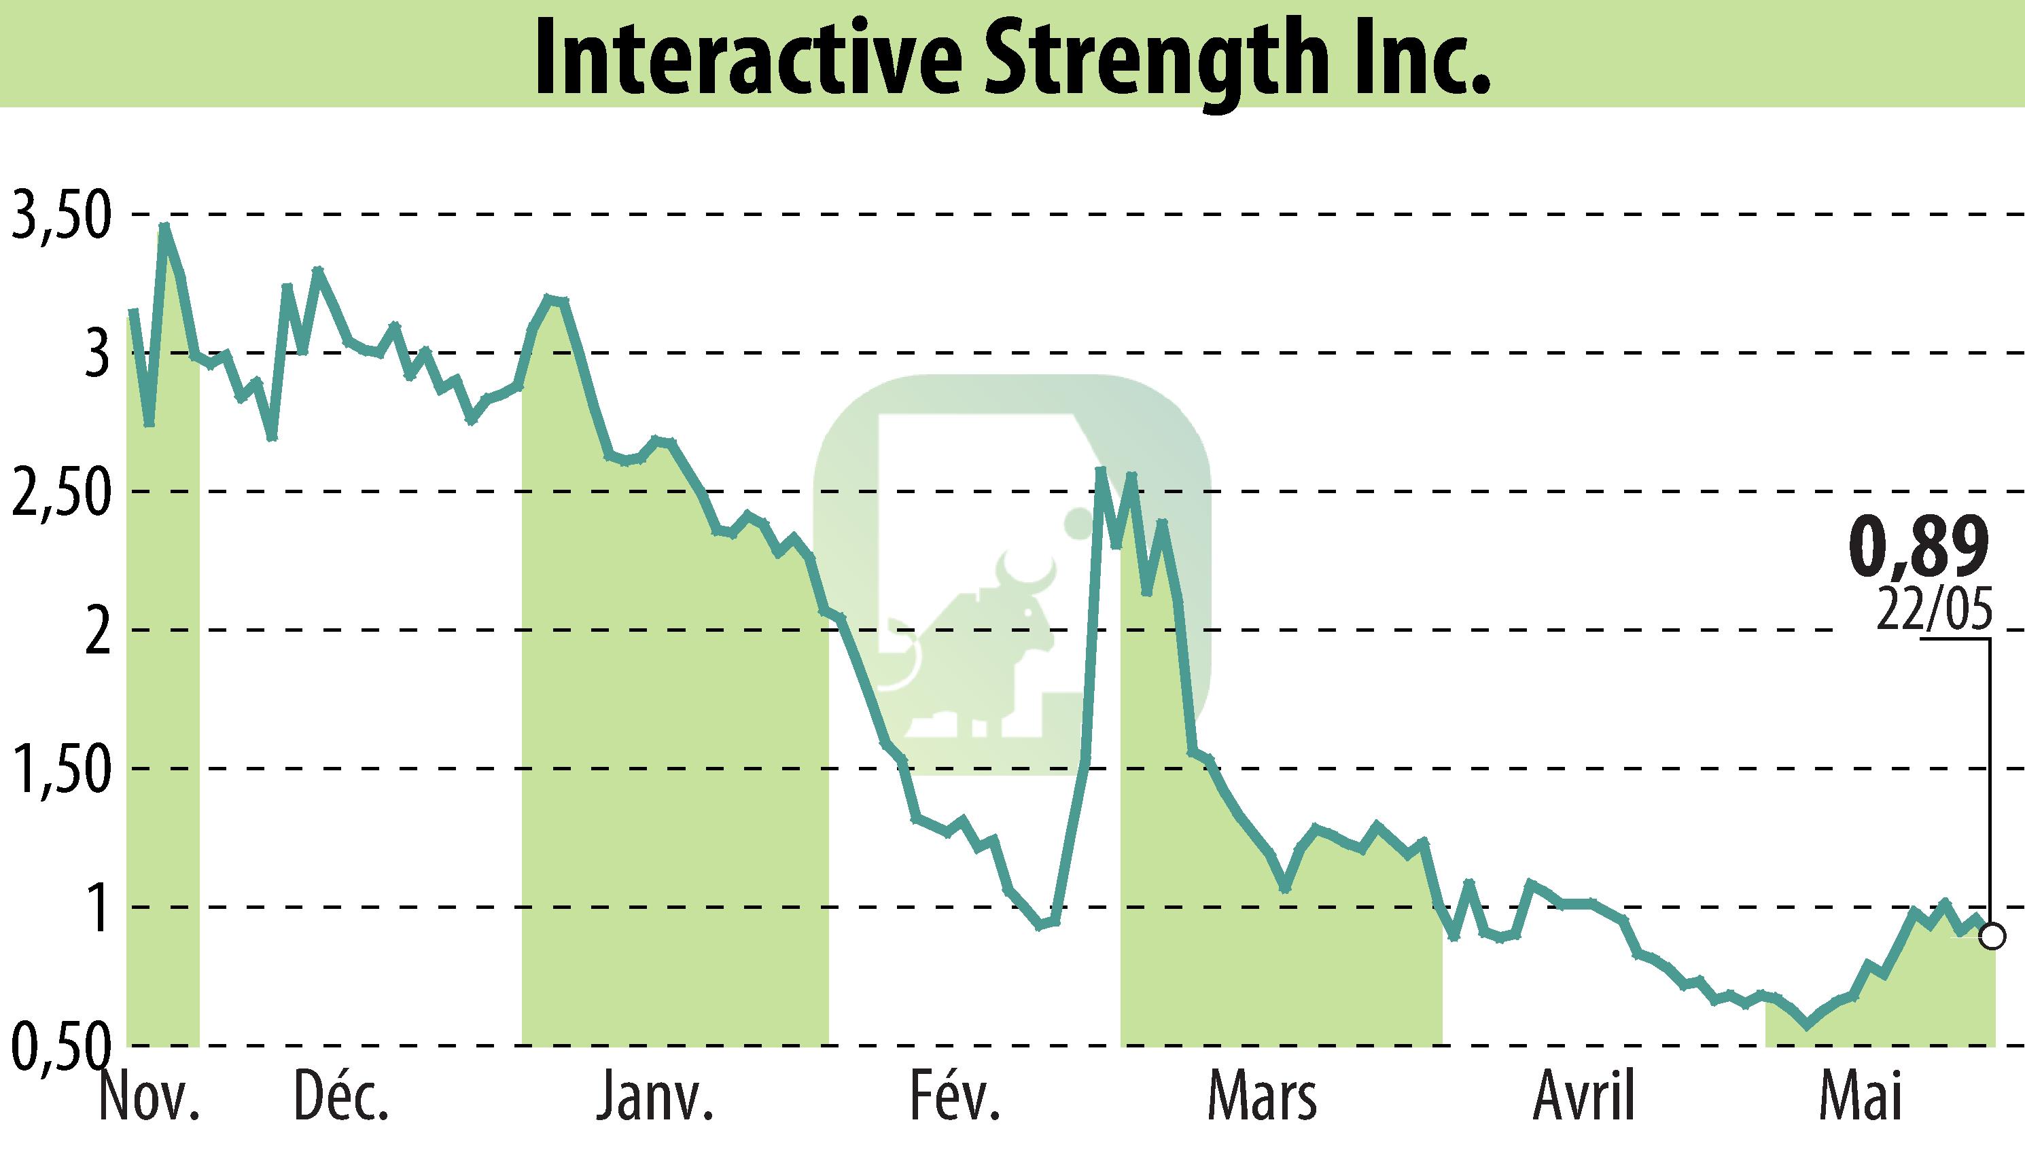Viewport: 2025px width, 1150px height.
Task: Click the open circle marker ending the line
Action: [1993, 937]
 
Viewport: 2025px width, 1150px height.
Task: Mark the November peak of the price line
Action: [164, 227]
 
